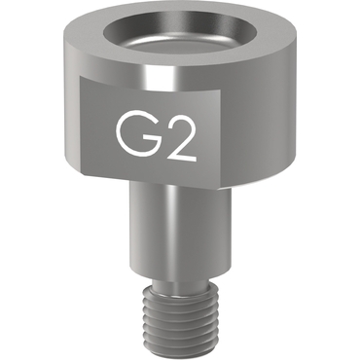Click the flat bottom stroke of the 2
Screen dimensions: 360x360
[x=182, y=160]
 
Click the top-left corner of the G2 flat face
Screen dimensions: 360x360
[x=80, y=77]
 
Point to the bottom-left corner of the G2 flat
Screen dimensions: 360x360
[x=81, y=175]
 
